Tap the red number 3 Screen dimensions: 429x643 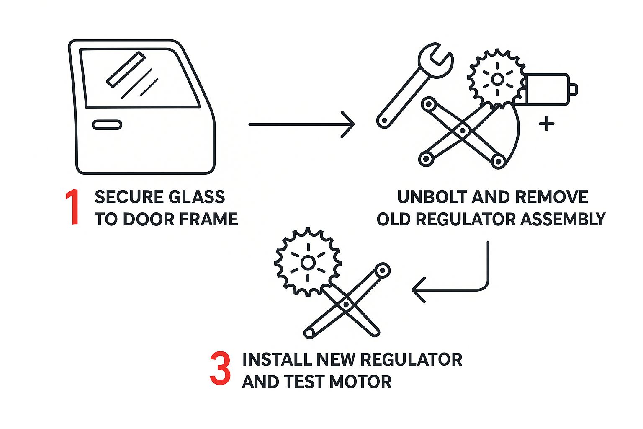220,369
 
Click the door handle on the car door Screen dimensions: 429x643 107,125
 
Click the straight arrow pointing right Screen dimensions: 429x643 301,124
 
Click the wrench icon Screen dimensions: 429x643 414,84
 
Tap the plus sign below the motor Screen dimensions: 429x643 546,124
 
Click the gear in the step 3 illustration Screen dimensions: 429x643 308,263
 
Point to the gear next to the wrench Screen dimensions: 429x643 497,79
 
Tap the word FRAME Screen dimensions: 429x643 214,219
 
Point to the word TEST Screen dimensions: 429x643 304,382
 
